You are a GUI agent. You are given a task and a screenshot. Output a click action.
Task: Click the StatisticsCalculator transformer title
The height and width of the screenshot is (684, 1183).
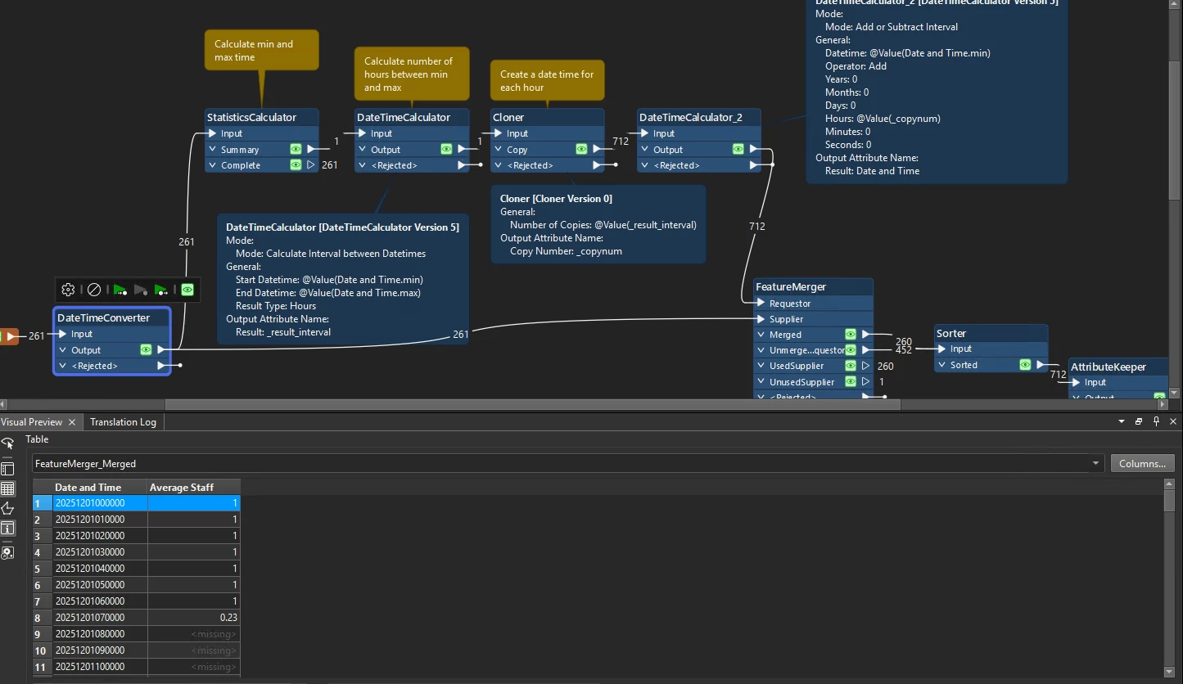251,118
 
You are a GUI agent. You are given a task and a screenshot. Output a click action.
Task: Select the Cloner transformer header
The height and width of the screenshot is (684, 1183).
508,118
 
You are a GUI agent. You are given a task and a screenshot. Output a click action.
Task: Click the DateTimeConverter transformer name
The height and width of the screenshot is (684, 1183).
103,317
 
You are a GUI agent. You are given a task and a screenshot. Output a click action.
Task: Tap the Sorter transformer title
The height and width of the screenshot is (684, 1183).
950,334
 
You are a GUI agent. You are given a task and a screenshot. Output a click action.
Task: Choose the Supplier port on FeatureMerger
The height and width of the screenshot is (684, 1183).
786,319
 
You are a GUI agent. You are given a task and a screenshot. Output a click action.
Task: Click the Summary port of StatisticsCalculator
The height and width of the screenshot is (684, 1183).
239,150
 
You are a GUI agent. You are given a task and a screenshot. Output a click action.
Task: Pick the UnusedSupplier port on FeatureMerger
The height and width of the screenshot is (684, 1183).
801,382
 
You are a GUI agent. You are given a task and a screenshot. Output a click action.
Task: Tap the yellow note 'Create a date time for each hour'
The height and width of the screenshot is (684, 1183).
547,80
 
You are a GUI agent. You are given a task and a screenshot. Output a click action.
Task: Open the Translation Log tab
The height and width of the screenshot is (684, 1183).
123,422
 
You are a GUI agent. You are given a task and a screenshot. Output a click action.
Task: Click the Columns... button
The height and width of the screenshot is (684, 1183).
1142,464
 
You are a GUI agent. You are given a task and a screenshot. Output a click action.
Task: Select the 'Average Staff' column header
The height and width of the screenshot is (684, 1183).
182,488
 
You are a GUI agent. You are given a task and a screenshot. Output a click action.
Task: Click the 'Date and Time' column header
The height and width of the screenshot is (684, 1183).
88,488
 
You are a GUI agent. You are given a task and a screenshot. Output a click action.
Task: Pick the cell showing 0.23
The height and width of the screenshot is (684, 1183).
194,618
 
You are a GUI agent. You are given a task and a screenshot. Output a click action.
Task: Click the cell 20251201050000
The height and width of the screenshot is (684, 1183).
90,585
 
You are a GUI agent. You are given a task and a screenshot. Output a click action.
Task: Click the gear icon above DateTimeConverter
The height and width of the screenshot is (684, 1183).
69,290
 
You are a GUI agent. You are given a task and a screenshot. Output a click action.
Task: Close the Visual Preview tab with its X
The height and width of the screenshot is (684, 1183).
72,422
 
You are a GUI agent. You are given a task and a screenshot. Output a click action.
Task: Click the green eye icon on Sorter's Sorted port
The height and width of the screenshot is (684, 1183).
1025,365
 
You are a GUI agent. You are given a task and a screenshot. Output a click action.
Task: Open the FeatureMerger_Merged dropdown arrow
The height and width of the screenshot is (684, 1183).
1095,464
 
